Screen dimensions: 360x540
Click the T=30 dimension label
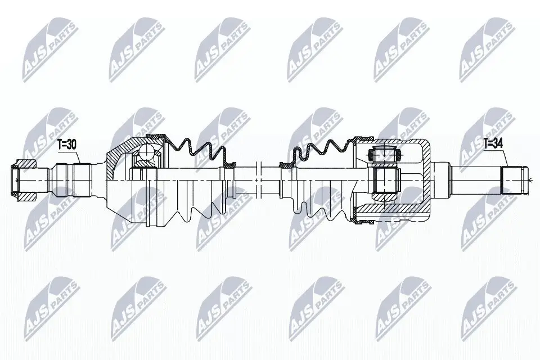click(66, 145)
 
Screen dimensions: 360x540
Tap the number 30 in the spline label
click(71, 145)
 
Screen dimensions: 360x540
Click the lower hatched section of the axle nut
click(25, 196)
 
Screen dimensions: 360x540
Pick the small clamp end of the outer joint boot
click(229, 163)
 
